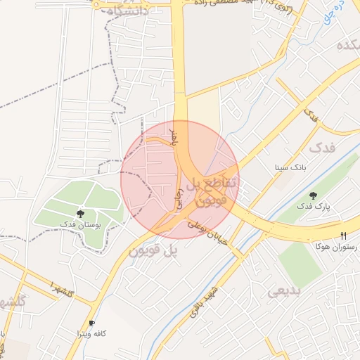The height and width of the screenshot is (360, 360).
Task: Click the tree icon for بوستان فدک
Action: [81, 213]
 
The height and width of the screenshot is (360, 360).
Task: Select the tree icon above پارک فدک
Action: [313, 195]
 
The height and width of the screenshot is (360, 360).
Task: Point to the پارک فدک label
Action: [313, 206]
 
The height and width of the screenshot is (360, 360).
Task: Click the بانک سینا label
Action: [290, 169]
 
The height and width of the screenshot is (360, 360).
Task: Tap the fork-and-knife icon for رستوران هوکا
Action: [343, 236]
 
